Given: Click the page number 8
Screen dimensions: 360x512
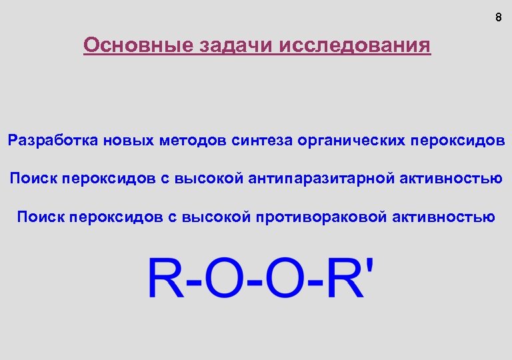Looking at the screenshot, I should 498,18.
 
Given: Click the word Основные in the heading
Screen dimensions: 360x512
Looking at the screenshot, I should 137,45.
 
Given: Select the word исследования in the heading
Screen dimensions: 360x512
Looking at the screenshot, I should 356,46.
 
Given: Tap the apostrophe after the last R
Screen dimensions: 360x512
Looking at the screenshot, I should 371,266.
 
